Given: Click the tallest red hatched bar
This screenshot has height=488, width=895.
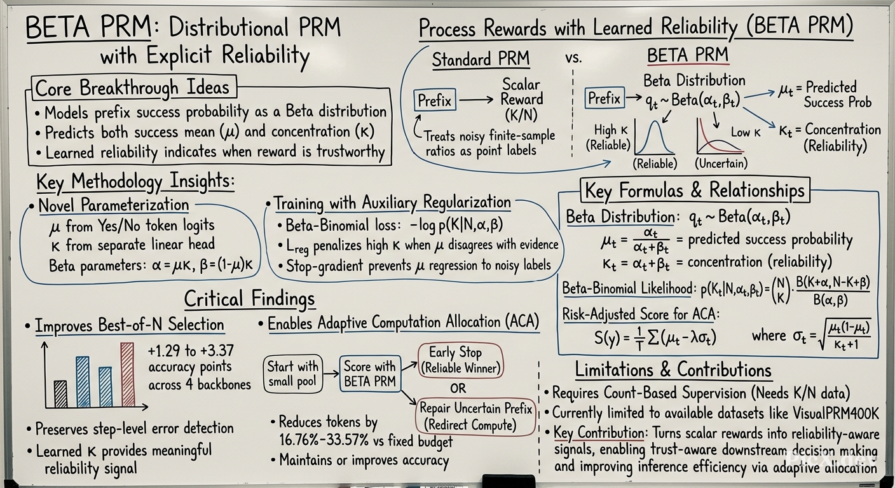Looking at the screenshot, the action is (128, 375).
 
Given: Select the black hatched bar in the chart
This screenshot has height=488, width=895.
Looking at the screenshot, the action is (60, 394).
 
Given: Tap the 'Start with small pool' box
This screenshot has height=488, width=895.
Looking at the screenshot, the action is (293, 374).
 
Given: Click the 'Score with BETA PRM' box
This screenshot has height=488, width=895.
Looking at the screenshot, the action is (370, 374).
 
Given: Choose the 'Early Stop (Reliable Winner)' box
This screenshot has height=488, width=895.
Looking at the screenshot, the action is (461, 360).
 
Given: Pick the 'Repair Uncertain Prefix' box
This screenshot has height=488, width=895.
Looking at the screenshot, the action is (475, 417).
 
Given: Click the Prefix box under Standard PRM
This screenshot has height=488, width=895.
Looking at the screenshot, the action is (434, 100).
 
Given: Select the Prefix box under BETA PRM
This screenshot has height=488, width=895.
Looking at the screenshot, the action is (605, 98).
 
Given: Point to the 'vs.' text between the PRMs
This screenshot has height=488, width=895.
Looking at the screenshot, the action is (573, 58).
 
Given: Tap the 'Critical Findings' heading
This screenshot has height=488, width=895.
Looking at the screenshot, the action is (249, 299).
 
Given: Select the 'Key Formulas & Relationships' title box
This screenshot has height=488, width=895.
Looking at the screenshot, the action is (695, 190).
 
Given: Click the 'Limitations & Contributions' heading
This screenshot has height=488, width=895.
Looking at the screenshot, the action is (673, 369).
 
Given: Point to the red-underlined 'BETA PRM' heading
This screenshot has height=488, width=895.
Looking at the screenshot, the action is (688, 55).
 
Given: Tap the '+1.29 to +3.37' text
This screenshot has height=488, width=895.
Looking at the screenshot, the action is (191, 351).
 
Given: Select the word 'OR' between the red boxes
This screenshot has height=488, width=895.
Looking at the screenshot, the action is (458, 388).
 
